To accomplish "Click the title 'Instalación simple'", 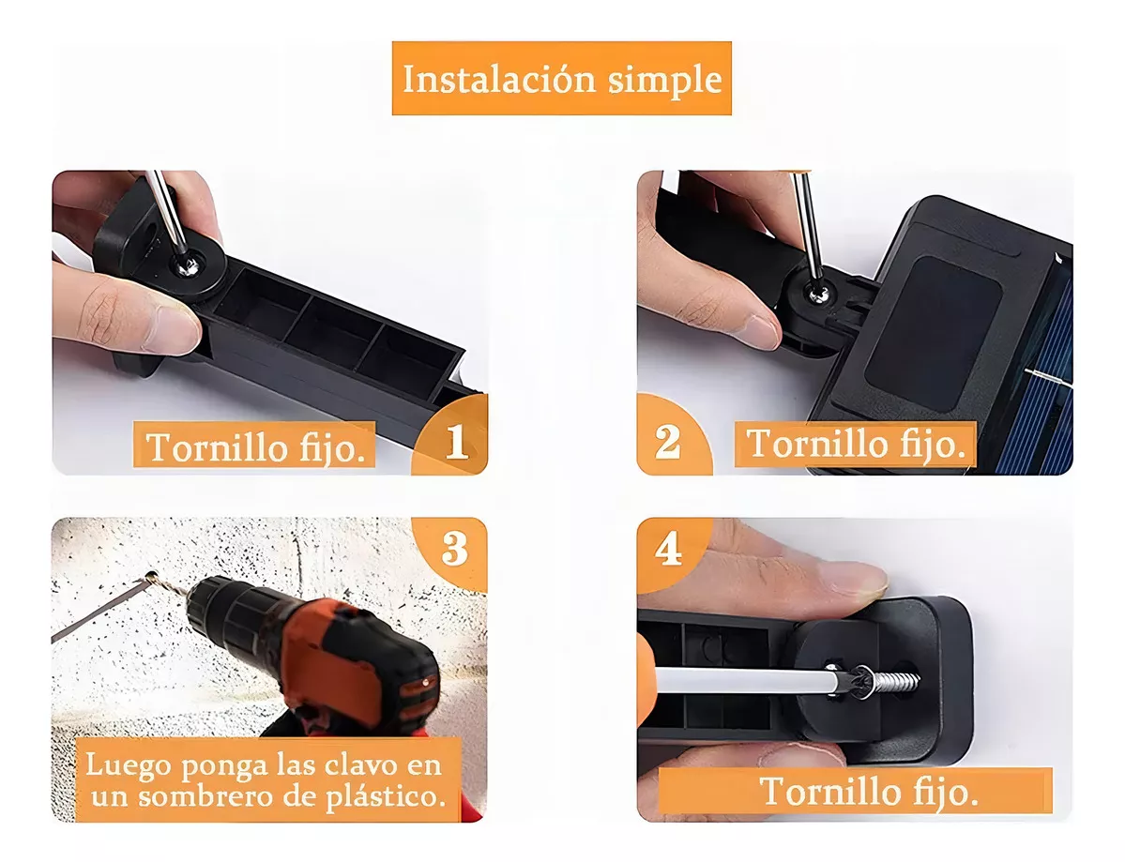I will (x=561, y=79).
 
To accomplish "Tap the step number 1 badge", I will (x=457, y=441).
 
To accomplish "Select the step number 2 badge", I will (x=667, y=441).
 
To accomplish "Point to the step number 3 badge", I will (x=455, y=549).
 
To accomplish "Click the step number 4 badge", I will (x=668, y=550).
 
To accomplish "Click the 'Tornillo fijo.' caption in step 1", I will (x=255, y=446).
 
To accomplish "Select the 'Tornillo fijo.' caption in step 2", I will (x=856, y=443).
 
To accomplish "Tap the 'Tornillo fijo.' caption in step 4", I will (x=869, y=791).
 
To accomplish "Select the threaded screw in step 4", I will (x=891, y=682).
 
